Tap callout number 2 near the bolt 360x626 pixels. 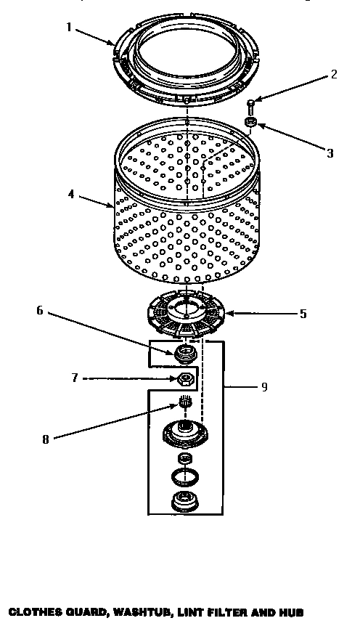pyautogui.click(x=333, y=73)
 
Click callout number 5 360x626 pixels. pyautogui.click(x=303, y=314)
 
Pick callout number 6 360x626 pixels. pyautogui.click(x=41, y=310)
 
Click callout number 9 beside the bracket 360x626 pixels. pyautogui.click(x=263, y=386)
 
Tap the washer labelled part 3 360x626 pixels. pyautogui.click(x=250, y=123)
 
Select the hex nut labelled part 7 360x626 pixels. pyautogui.click(x=185, y=378)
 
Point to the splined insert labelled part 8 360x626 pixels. pyautogui.click(x=184, y=401)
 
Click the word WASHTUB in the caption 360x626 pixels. pyautogui.click(x=139, y=611)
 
